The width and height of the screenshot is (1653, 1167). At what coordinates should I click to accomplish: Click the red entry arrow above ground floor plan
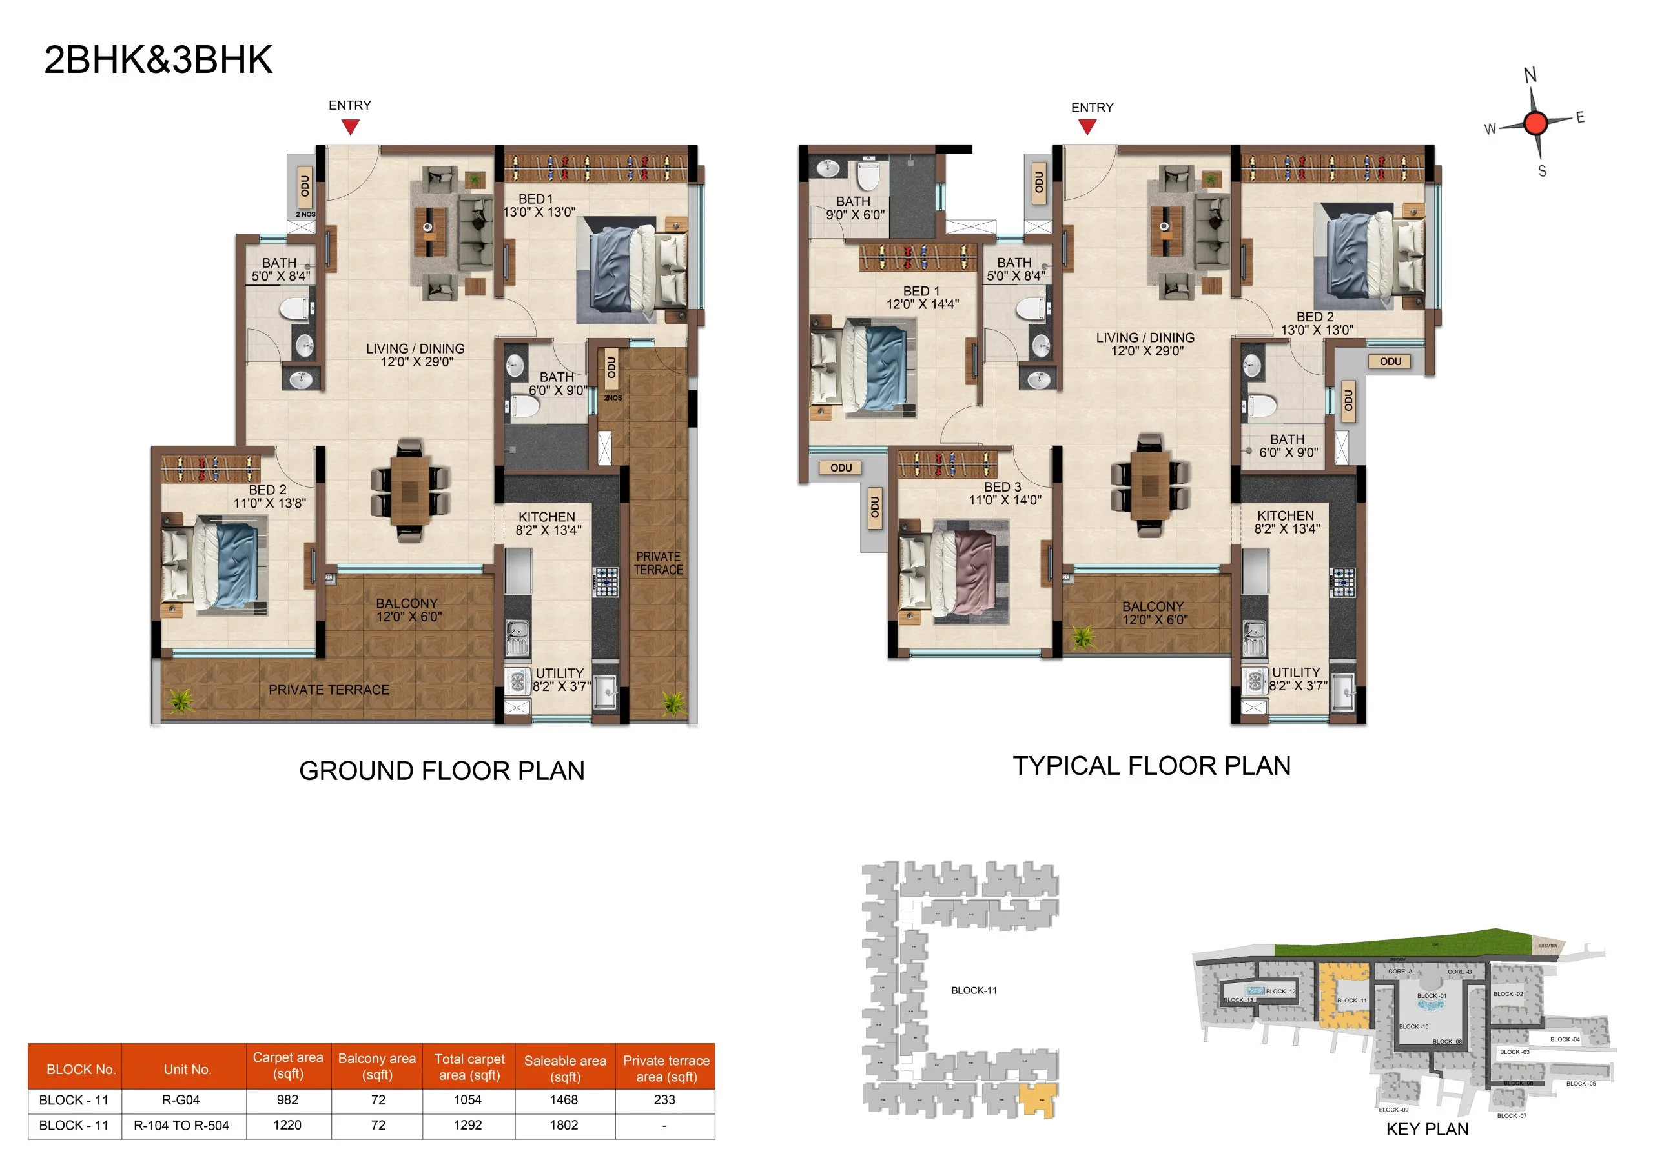click(350, 127)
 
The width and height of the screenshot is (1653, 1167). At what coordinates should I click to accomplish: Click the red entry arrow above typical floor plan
click(1087, 127)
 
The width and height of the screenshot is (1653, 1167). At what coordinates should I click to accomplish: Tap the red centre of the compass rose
click(1535, 123)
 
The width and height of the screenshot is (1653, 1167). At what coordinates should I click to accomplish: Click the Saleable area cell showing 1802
click(564, 1125)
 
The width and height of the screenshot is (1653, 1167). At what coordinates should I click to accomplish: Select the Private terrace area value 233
click(664, 1100)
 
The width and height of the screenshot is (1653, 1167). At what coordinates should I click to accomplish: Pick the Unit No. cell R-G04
click(181, 1100)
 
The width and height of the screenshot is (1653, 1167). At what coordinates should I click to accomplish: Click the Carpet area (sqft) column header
click(288, 1066)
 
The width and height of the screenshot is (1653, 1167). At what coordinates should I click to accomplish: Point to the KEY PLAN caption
click(1427, 1130)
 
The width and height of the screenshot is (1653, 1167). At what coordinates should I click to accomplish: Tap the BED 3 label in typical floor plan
click(1002, 487)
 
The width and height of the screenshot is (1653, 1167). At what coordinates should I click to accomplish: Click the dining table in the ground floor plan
click(409, 490)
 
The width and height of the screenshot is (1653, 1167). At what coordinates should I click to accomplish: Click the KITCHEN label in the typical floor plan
click(1285, 516)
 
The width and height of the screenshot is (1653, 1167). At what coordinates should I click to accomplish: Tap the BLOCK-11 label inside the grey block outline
click(974, 991)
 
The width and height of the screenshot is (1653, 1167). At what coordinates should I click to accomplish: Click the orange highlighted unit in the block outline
click(1038, 1099)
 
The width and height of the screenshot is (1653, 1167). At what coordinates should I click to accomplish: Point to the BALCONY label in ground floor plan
click(407, 604)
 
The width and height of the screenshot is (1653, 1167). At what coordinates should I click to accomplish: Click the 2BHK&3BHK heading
click(158, 60)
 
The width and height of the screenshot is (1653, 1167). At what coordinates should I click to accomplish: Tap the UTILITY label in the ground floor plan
click(559, 673)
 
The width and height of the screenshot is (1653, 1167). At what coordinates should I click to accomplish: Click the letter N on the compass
click(1530, 75)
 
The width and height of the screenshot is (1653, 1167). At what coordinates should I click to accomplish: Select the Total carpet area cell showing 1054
click(468, 1100)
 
